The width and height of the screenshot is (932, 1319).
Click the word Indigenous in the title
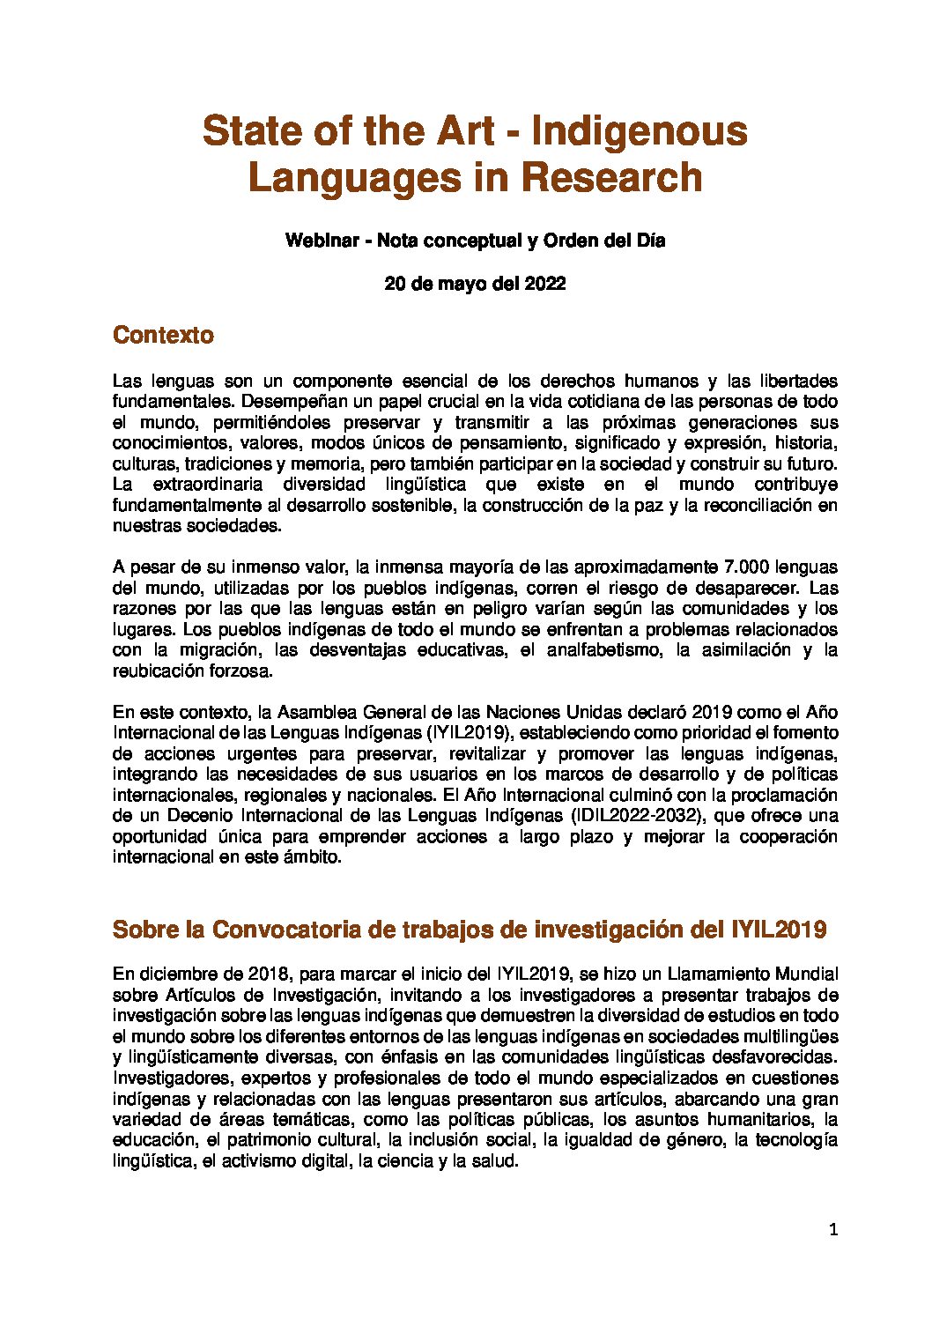click(x=640, y=131)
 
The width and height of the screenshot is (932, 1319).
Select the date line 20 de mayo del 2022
click(x=475, y=284)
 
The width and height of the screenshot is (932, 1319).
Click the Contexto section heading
click(x=164, y=335)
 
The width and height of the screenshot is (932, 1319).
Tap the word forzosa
click(x=240, y=671)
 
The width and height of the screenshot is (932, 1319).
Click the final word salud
click(x=497, y=1161)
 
